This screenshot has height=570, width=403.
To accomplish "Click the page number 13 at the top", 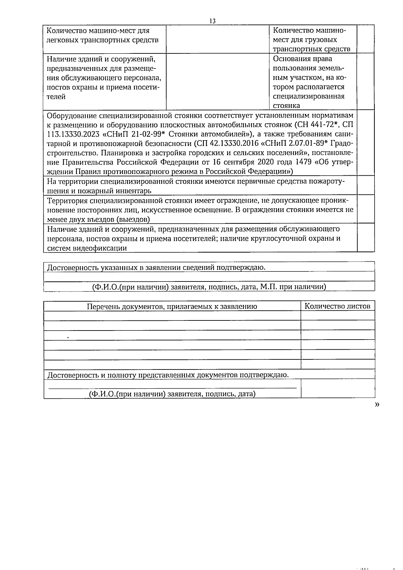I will pos(212,21).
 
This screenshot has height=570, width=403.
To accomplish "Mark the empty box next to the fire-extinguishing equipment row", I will pos(366,185).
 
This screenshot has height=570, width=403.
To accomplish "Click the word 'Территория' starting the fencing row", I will pos(67,201).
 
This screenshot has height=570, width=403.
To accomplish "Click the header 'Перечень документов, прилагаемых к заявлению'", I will pos(172,306).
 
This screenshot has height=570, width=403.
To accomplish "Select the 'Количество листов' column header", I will pos(337,306).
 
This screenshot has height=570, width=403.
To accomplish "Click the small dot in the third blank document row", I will pos(68,336).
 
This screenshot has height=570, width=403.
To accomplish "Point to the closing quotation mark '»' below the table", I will pos(377,405).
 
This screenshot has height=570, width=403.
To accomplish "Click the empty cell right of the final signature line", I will pos(338,389).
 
